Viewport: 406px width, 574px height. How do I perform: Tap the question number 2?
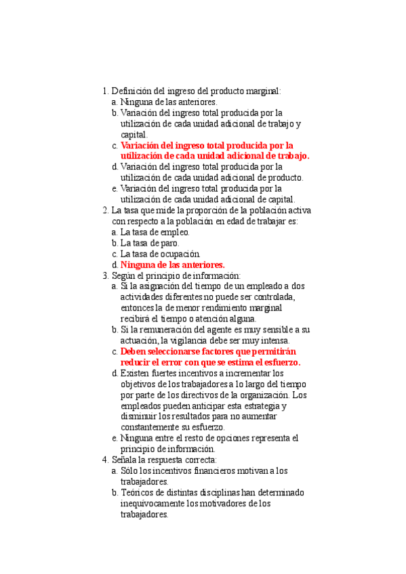(104, 210)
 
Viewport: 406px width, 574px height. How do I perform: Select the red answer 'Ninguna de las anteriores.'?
(172, 265)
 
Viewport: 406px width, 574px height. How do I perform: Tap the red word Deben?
(134, 352)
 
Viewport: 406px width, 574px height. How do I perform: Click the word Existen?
(136, 373)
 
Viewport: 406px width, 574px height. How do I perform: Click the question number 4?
(104, 460)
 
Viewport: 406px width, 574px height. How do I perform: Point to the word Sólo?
(131, 470)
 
